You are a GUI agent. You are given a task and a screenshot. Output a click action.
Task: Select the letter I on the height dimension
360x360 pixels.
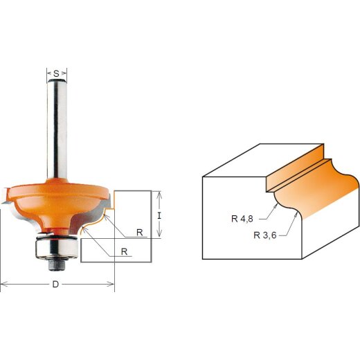point(160,215)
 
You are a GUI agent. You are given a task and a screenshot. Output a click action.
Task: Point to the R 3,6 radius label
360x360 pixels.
point(266,235)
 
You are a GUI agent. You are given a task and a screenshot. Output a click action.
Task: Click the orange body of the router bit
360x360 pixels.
point(55,201)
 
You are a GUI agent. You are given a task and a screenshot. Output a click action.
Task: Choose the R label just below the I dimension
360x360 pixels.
point(139,232)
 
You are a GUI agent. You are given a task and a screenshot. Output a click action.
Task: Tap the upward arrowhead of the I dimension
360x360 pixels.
point(160,193)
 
